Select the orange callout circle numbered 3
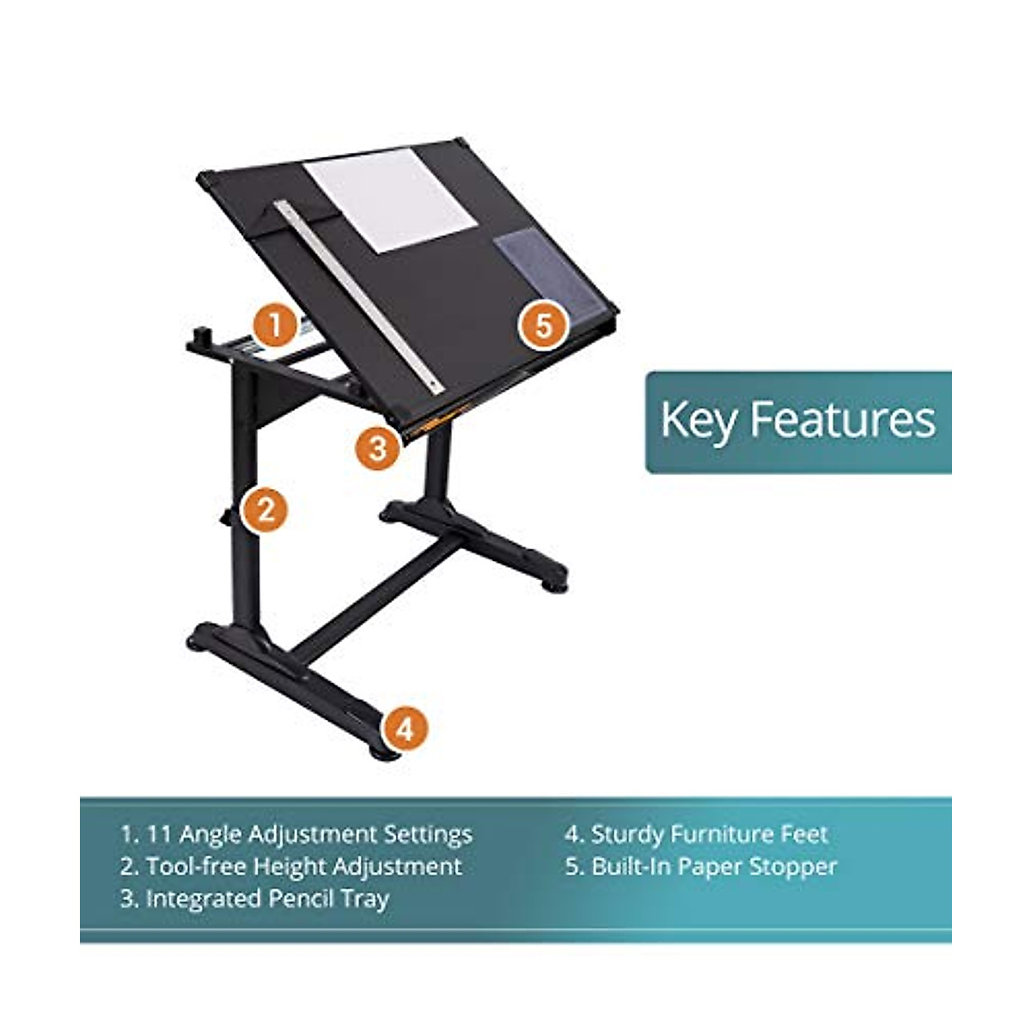pyautogui.click(x=376, y=448)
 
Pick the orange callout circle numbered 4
pyautogui.click(x=406, y=729)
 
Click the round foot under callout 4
pyautogui.click(x=384, y=753)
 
